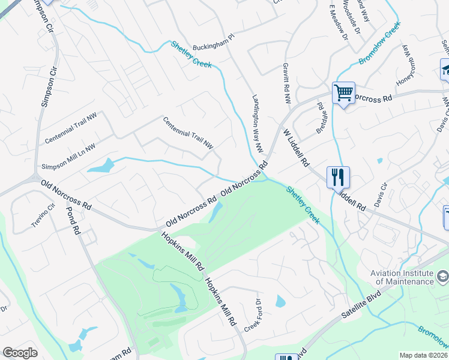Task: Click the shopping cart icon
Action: pyautogui.click(x=343, y=93)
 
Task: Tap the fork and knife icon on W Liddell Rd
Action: pyautogui.click(x=338, y=177)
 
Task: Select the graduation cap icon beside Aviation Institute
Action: pyautogui.click(x=443, y=277)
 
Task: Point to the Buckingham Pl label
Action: pyautogui.click(x=212, y=47)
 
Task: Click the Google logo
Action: pyautogui.click(x=20, y=353)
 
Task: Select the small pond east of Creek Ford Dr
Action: pyautogui.click(x=280, y=301)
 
